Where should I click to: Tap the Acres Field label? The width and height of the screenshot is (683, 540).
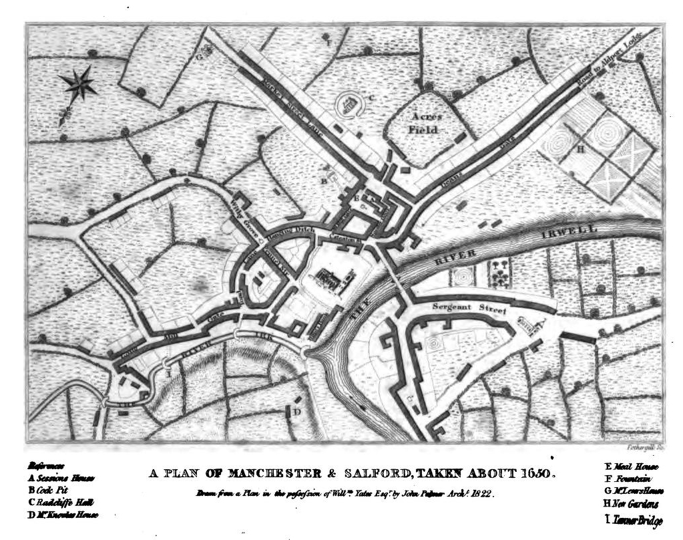(423, 122)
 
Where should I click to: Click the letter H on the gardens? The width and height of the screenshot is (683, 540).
(580, 150)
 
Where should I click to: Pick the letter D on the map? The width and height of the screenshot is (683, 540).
(298, 412)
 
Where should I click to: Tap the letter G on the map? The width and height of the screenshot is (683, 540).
(199, 56)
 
